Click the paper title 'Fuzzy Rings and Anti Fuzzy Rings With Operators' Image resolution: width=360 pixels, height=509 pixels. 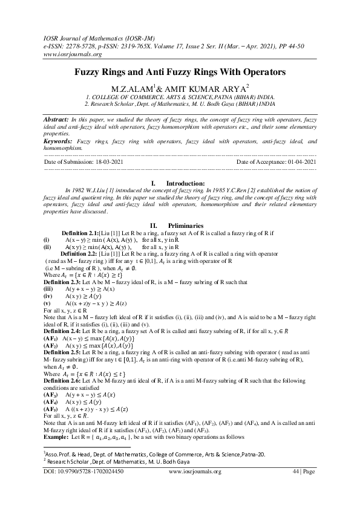click(x=180, y=71)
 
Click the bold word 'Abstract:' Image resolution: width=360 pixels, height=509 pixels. click(x=60, y=112)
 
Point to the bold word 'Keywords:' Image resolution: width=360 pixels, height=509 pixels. click(x=62, y=140)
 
